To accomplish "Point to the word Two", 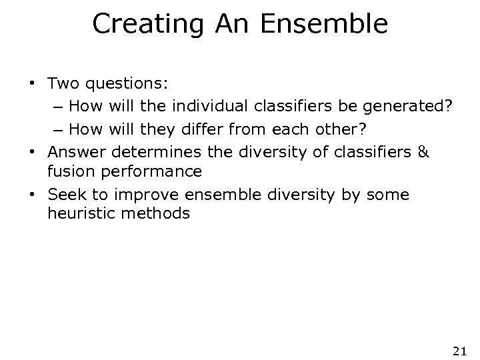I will click(63, 85).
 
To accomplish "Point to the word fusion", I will click(67, 171).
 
